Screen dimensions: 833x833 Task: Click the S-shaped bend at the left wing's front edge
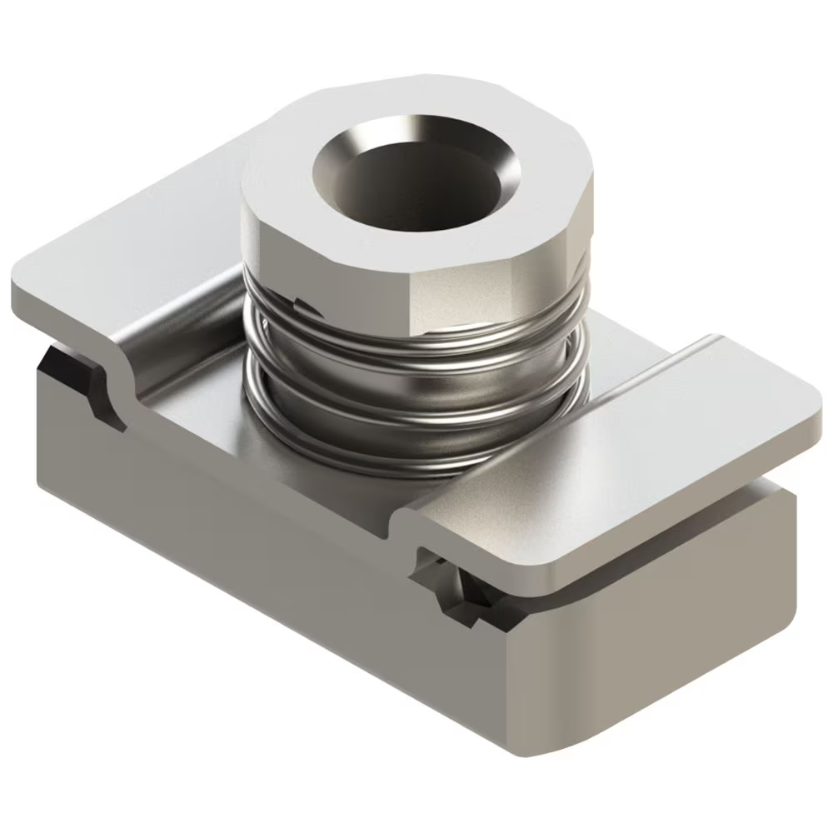117,383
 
